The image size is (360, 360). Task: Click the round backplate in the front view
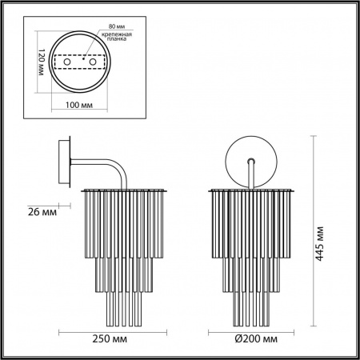pos(252,160)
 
